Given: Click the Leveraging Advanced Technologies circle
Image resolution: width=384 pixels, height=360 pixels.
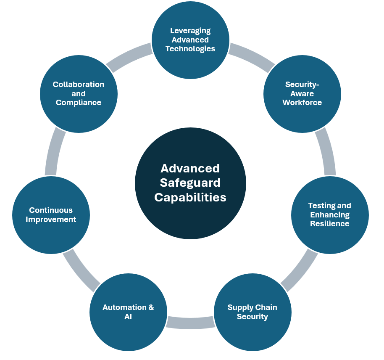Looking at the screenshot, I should [x=190, y=40].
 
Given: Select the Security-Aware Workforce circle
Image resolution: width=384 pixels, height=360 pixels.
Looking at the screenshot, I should [x=302, y=94].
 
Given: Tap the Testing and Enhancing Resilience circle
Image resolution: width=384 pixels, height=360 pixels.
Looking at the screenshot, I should [x=330, y=215].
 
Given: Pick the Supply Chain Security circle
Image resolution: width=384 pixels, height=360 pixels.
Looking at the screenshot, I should [x=252, y=312].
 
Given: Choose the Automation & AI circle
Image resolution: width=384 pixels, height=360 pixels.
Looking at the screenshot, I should [x=128, y=312].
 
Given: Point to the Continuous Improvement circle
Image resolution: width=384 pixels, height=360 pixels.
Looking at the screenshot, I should [x=51, y=215].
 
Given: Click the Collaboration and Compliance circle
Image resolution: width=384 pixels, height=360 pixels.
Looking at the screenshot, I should [x=79, y=94].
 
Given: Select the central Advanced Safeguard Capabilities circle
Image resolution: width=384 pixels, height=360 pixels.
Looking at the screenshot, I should [x=190, y=183].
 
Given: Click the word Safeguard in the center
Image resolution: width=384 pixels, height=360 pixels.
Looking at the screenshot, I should [x=190, y=183].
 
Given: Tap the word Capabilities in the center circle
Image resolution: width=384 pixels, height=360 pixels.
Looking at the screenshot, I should [x=190, y=197].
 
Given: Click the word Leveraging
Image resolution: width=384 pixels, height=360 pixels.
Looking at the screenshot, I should [x=190, y=31].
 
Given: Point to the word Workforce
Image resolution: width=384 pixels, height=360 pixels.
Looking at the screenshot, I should [x=302, y=103].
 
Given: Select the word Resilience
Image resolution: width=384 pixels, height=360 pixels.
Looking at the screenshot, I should [x=330, y=224].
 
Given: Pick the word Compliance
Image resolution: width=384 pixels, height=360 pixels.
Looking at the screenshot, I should [x=79, y=103].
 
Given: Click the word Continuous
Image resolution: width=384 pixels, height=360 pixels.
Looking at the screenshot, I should [x=51, y=210].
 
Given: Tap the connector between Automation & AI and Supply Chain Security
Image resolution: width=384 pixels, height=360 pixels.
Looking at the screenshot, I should [x=190, y=322].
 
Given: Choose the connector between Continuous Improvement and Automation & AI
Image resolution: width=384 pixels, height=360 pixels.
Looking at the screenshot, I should [x=81, y=271].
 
